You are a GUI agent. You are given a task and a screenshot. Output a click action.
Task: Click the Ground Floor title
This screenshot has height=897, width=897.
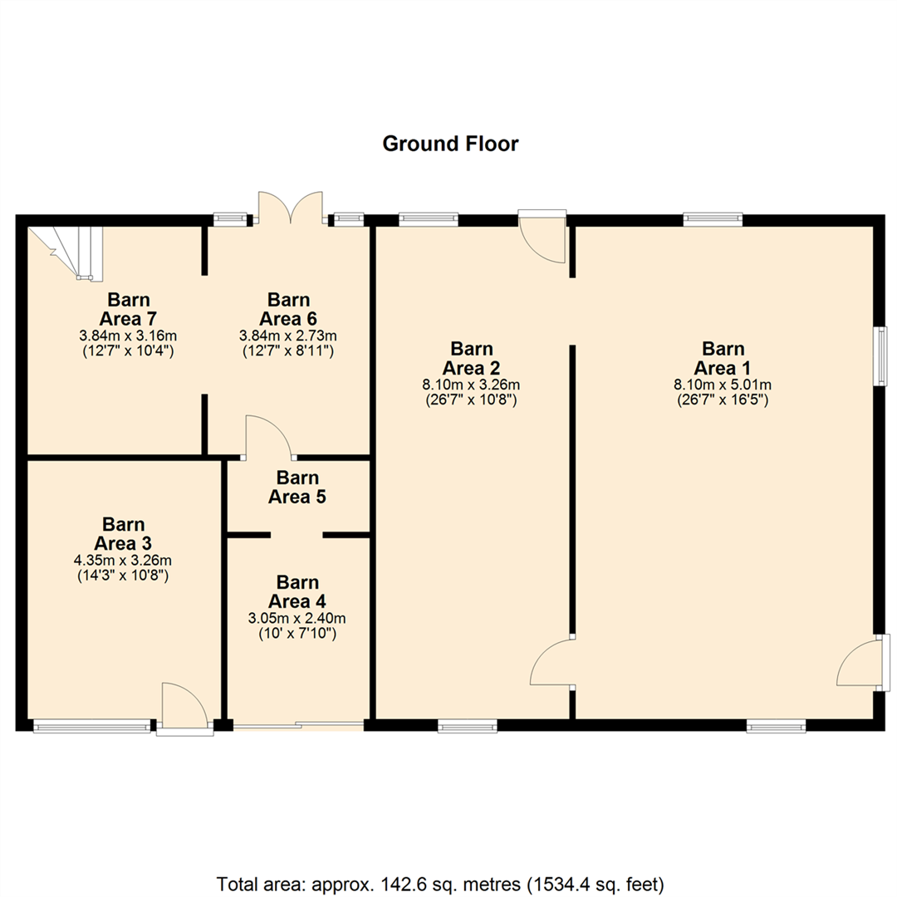(x=450, y=144)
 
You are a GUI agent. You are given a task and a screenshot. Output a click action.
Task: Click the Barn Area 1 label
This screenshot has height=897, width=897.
(x=723, y=358)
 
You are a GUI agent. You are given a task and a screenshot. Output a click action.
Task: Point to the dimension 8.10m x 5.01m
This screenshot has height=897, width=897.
(x=723, y=385)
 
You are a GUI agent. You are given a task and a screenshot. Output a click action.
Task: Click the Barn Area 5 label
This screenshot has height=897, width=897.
(x=297, y=488)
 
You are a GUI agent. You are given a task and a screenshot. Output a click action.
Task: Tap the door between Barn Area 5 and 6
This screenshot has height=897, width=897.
(x=268, y=439)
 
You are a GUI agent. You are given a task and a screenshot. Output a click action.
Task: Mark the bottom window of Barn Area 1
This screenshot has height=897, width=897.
(x=776, y=726)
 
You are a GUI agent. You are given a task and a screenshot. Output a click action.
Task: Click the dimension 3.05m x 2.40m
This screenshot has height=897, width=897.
(x=297, y=618)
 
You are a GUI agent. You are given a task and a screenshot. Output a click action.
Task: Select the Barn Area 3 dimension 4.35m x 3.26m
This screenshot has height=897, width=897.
(x=123, y=561)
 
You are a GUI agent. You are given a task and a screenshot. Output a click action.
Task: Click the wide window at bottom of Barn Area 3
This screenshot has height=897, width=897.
(x=92, y=727)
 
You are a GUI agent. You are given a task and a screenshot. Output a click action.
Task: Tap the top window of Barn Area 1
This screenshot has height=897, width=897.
(x=712, y=219)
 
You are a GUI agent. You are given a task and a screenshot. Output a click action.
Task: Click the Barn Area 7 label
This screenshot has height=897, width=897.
(x=128, y=308)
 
